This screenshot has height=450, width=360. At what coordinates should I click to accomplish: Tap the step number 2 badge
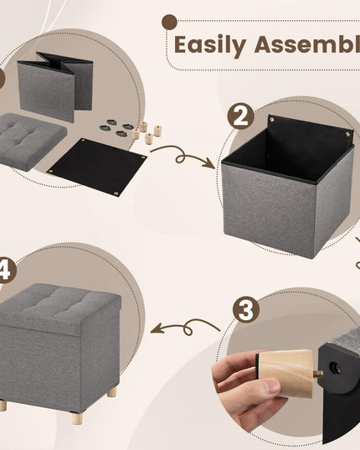[x=242, y=116]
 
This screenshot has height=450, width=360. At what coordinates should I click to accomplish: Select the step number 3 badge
[x=245, y=309]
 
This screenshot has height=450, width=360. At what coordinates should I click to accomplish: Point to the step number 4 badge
[x=5, y=270]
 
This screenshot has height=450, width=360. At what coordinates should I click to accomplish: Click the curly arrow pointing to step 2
[x=181, y=155]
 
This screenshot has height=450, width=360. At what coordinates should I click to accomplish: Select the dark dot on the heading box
[x=170, y=22]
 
